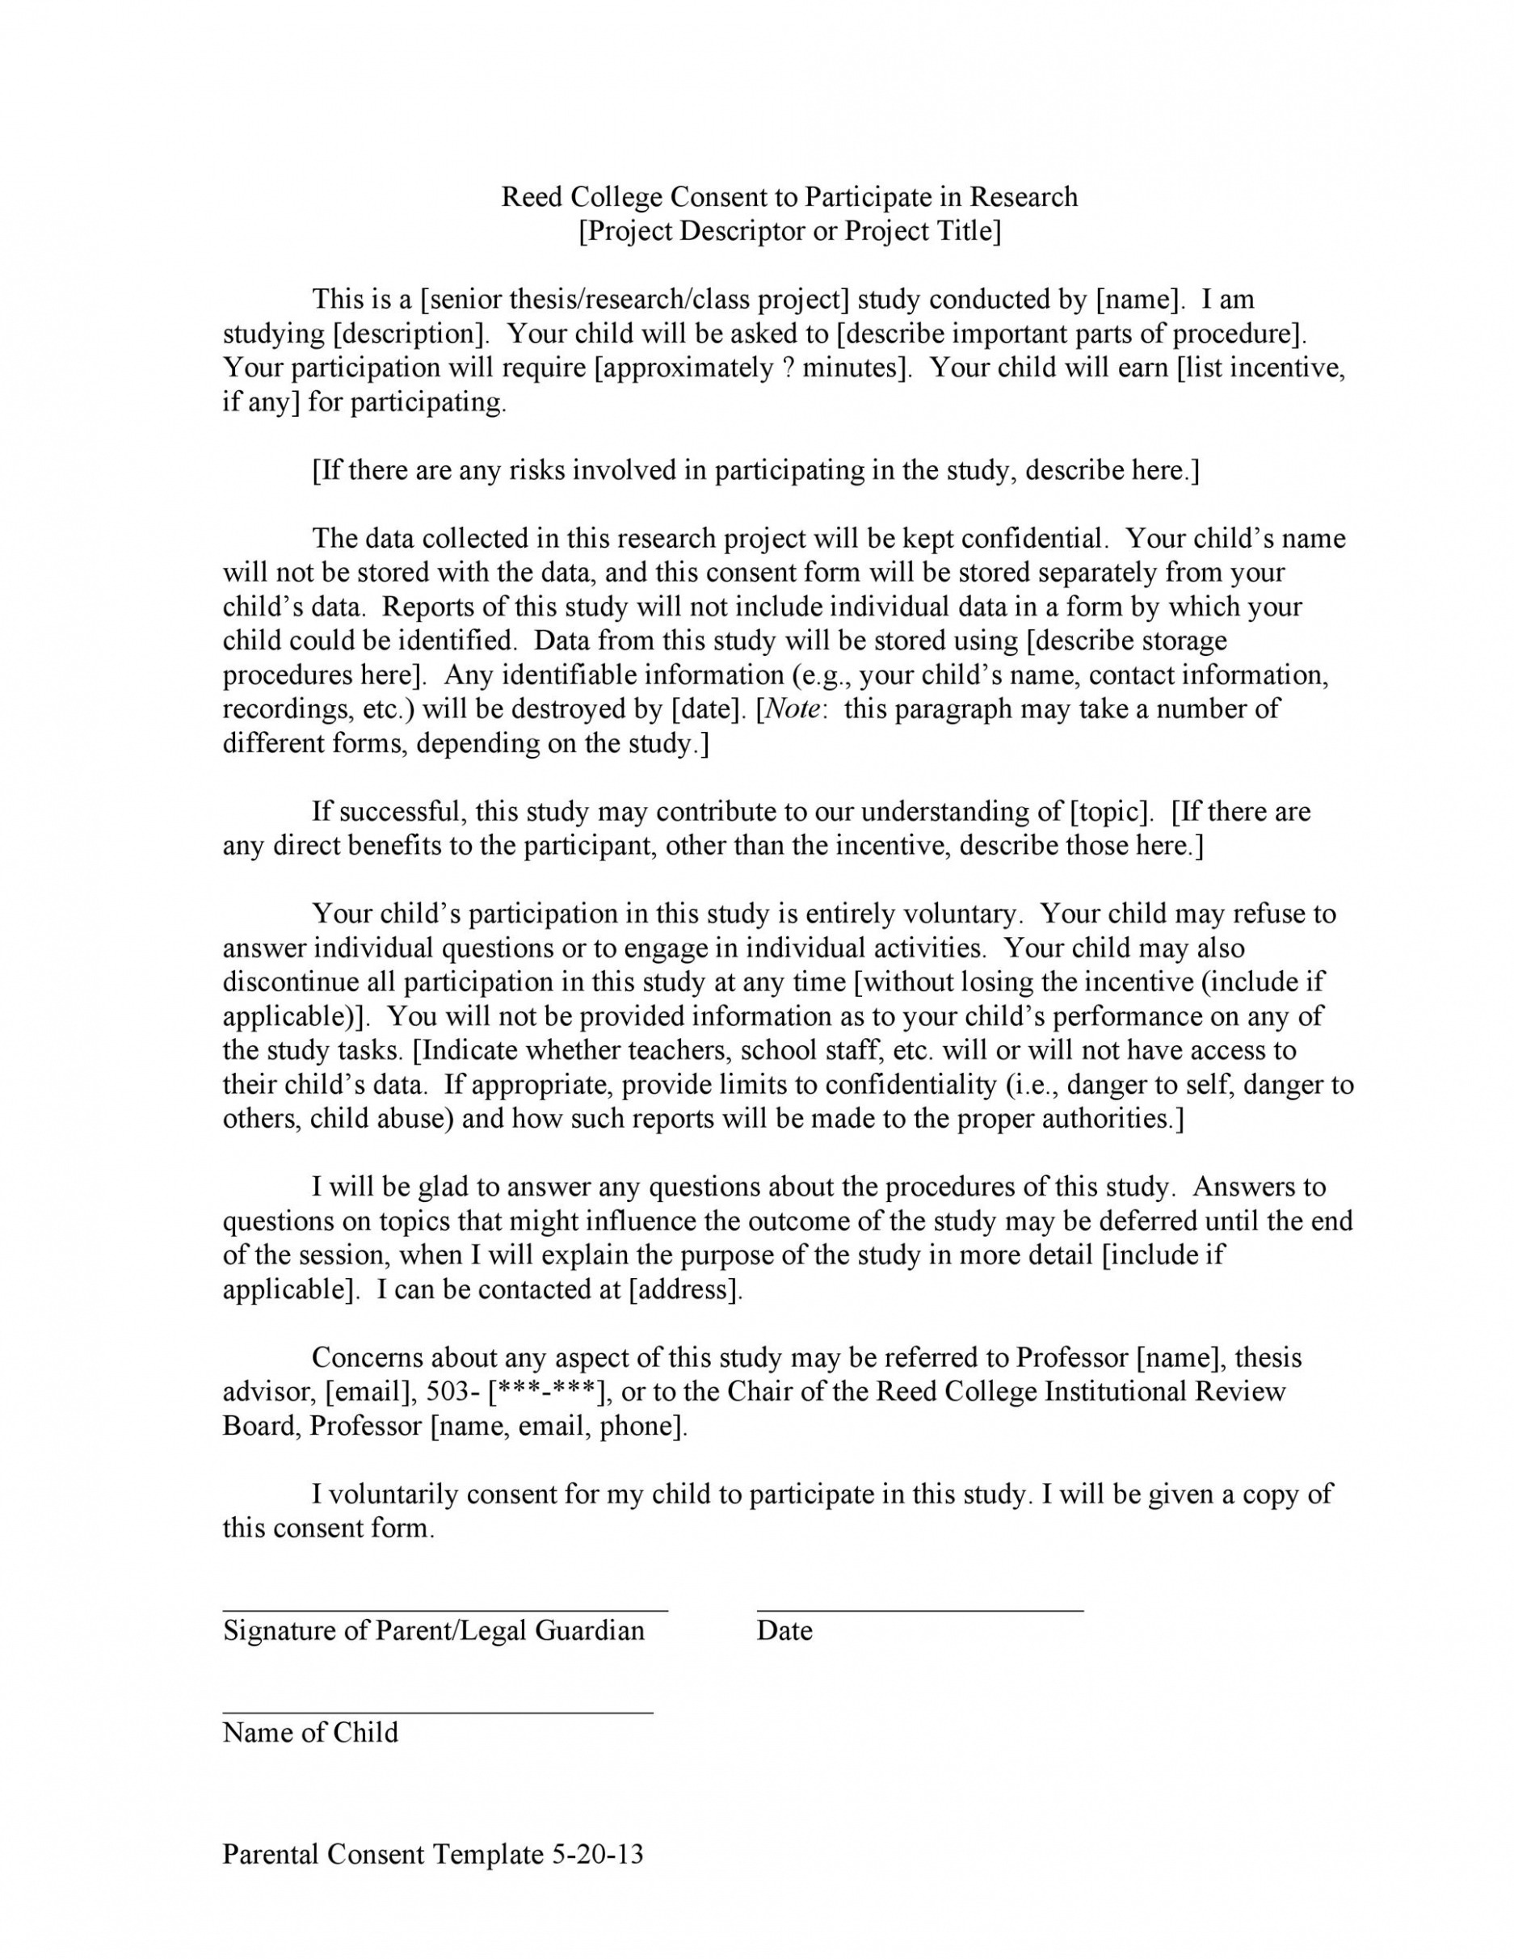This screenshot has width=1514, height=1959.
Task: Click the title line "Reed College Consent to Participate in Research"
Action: coord(789,196)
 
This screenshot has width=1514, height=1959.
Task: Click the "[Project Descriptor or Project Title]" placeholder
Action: coord(789,230)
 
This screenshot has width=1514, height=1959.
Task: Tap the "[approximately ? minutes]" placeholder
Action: coord(750,368)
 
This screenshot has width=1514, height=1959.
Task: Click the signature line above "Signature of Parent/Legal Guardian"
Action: coord(445,1611)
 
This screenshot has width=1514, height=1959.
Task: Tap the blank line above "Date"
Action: coord(919,1611)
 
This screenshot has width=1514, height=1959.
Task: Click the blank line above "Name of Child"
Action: coord(438,1713)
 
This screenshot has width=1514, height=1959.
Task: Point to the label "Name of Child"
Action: coord(310,1732)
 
